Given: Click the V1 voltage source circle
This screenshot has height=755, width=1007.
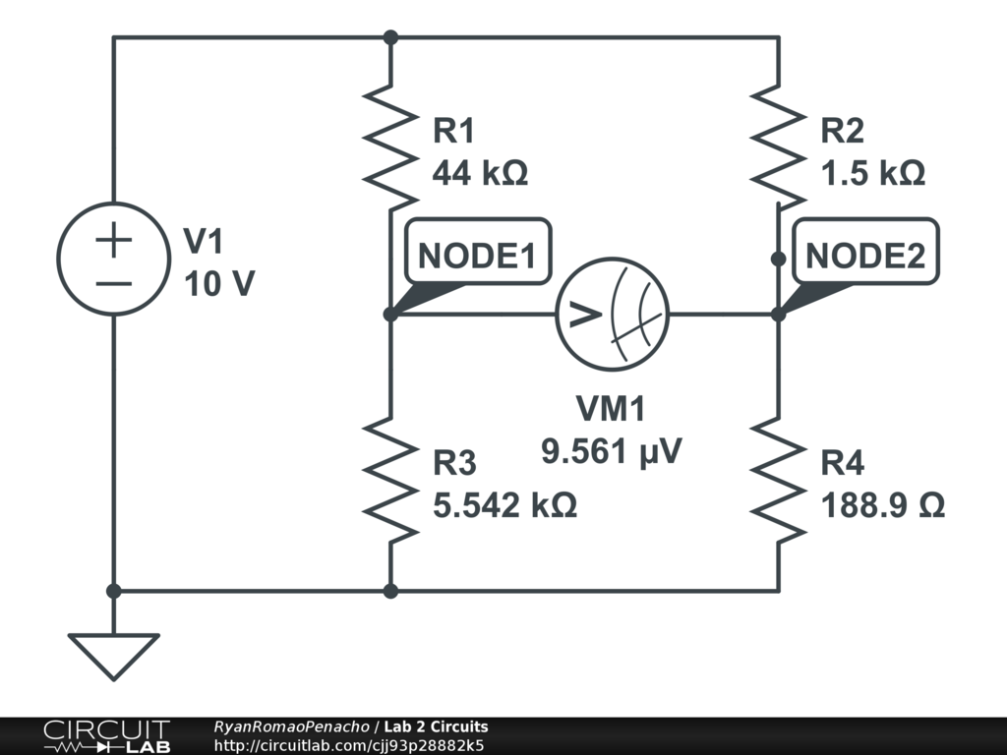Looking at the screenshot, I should pyautogui.click(x=114, y=260).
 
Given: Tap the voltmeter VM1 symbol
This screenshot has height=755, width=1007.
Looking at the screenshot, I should pyautogui.click(x=612, y=315).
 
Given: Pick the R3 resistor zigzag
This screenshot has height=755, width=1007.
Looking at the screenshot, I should pyautogui.click(x=390, y=479).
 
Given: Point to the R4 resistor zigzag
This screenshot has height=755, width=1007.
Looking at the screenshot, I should pyautogui.click(x=779, y=479).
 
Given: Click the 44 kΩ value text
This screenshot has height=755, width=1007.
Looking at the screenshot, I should pyautogui.click(x=480, y=174).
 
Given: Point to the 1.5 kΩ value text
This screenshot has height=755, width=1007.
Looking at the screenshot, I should pyautogui.click(x=873, y=174).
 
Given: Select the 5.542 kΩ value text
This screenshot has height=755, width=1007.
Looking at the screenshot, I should pyautogui.click(x=504, y=505).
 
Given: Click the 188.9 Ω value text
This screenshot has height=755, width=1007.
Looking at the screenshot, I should pyautogui.click(x=883, y=505).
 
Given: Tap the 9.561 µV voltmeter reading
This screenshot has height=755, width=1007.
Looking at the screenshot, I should pyautogui.click(x=612, y=451).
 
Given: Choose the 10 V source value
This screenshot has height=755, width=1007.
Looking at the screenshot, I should pyautogui.click(x=218, y=284).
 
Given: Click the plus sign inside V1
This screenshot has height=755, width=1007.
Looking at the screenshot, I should pyautogui.click(x=114, y=239).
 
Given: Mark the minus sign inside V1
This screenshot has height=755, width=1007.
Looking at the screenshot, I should pyautogui.click(x=114, y=283).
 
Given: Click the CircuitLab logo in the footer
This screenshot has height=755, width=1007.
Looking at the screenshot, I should pyautogui.click(x=106, y=736).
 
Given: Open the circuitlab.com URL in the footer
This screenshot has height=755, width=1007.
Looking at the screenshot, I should pyautogui.click(x=348, y=745).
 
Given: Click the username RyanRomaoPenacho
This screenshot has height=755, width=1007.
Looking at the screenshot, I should pyautogui.click(x=291, y=726).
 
